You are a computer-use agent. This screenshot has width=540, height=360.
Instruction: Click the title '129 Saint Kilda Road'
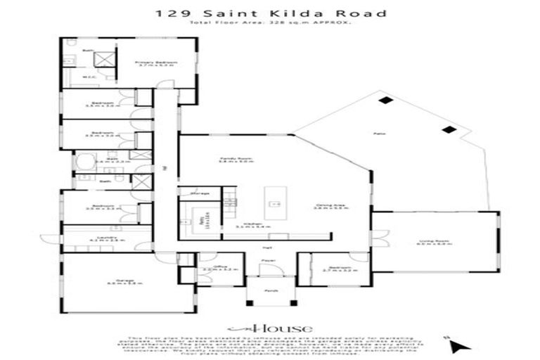pos(270,13)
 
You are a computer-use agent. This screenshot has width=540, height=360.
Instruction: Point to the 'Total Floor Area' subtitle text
pos(270,23)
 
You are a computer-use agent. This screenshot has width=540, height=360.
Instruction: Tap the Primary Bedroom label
pos(157,63)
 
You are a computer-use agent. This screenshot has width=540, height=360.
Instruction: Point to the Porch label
pos(271,290)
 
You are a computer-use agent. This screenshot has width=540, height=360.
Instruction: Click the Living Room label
pos(435,242)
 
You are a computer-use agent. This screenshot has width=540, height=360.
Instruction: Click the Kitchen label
pos(243,225)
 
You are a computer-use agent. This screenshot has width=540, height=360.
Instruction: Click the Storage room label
pos(200,193)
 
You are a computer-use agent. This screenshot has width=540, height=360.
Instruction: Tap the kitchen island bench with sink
pos(276,203)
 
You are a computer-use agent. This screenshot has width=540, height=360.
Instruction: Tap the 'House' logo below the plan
pos(270,328)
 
